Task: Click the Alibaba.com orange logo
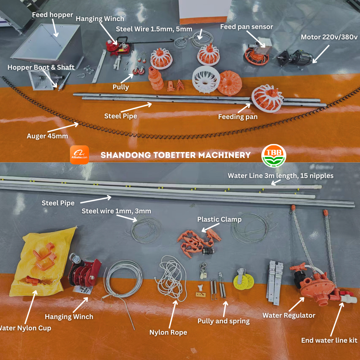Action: pyautogui.click(x=79, y=155)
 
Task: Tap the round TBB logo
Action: pyautogui.click(x=274, y=155)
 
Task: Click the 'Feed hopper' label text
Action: pyautogui.click(x=52, y=15)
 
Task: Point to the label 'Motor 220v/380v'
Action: pyautogui.click(x=330, y=37)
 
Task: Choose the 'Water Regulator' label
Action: pyautogui.click(x=289, y=315)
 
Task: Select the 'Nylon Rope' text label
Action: pyautogui.click(x=168, y=332)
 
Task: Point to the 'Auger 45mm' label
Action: pyautogui.click(x=47, y=136)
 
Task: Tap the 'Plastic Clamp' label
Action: pyautogui.click(x=219, y=219)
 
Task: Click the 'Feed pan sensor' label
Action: pyautogui.click(x=246, y=27)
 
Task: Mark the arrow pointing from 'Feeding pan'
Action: pyautogui.click(x=243, y=108)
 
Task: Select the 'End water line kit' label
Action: pyautogui.click(x=329, y=340)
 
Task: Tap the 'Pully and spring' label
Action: pyautogui.click(x=223, y=321)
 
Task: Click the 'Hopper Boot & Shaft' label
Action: pyautogui.click(x=41, y=67)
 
